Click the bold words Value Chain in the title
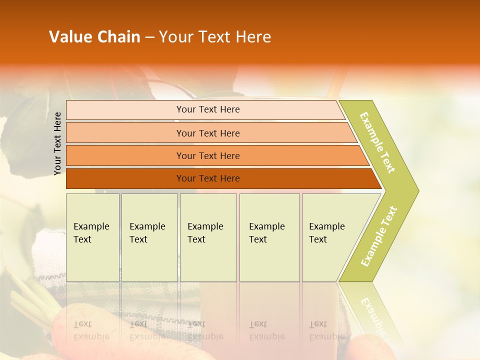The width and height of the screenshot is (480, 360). tap(94, 37)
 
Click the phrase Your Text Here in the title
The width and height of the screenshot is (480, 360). tap(215, 37)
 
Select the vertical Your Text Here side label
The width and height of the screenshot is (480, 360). tap(58, 143)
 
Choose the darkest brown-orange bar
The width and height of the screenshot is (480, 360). tap(125, 178)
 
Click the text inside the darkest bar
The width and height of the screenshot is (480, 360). tap(208, 178)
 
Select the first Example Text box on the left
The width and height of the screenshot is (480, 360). tap(92, 237)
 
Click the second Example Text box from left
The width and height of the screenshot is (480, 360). tap(149, 237)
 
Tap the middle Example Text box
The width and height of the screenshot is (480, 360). tap(208, 237)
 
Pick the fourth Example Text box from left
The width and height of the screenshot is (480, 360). tap(269, 237)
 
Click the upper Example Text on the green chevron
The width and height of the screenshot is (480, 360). tap(377, 142)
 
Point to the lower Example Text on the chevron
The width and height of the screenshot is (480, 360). tap(379, 236)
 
